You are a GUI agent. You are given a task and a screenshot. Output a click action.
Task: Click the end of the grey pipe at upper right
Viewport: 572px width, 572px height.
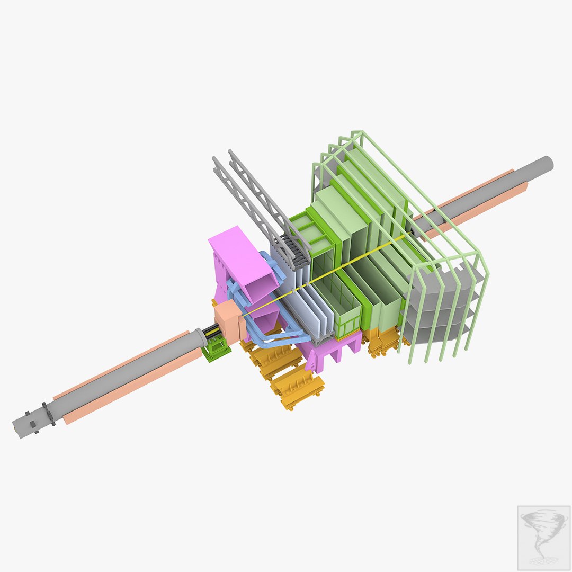point(546,164)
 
